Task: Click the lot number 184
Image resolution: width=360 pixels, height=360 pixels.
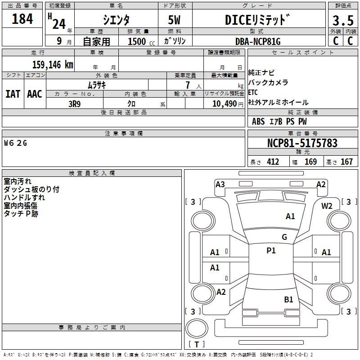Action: [x=22, y=19]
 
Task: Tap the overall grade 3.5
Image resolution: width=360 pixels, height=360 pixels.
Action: [x=343, y=21]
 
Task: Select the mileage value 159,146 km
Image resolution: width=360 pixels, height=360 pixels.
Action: [x=53, y=65]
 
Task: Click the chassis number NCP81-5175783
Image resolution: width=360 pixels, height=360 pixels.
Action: [x=302, y=143]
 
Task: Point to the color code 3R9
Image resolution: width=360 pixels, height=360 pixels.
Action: [x=75, y=104]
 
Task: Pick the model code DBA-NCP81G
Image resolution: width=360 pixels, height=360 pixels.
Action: [x=258, y=41]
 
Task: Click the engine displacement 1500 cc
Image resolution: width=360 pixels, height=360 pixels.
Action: [x=141, y=41]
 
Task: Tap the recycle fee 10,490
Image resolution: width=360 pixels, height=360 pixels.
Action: [x=225, y=104]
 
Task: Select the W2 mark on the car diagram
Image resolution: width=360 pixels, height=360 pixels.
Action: [x=327, y=206]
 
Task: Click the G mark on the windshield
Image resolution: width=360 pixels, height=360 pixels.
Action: [x=284, y=237]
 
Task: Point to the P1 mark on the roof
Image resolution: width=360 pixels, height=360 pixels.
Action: [x=271, y=251]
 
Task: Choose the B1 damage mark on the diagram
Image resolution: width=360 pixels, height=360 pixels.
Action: [x=288, y=300]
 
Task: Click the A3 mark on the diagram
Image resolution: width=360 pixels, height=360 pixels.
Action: [x=220, y=184]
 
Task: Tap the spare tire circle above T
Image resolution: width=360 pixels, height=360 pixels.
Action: [x=197, y=328]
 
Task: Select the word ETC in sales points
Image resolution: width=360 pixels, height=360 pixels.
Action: [x=253, y=92]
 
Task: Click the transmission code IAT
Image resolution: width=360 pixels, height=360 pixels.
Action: [x=13, y=94]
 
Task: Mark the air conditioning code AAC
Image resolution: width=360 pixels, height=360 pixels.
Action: [x=35, y=94]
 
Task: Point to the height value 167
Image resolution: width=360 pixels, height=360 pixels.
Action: [x=346, y=162]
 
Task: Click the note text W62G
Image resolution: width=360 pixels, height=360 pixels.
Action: [x=15, y=143]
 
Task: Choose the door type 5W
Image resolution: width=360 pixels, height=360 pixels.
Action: [x=174, y=20]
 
